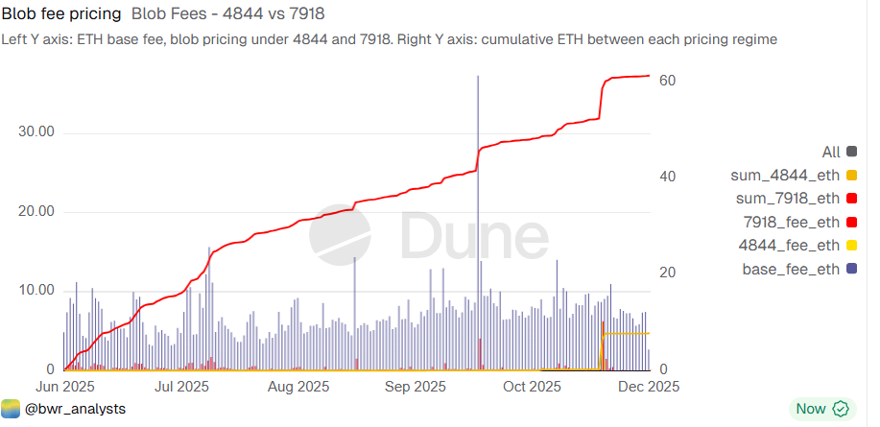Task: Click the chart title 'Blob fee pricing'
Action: [62, 14]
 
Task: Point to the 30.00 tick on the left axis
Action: [36, 132]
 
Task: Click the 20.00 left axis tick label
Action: [36, 211]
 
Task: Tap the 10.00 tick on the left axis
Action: [36, 290]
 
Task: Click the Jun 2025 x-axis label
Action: [64, 387]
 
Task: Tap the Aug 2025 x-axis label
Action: [298, 387]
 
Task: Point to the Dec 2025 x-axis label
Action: [649, 387]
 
